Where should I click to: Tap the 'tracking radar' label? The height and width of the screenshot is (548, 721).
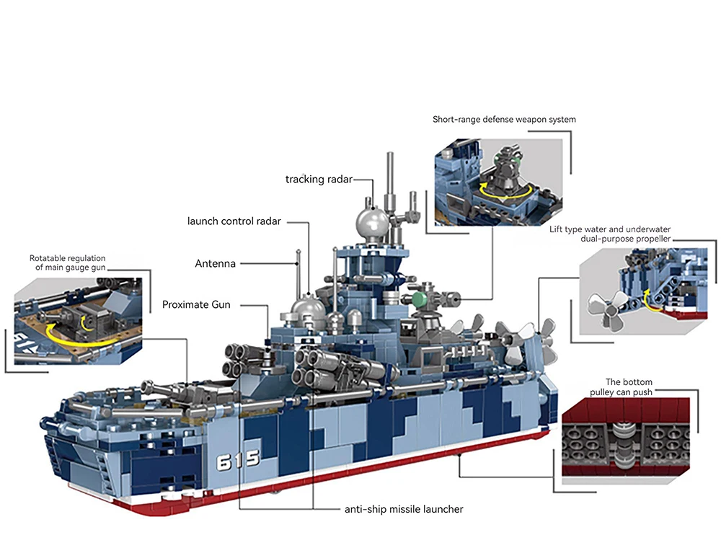(319, 179)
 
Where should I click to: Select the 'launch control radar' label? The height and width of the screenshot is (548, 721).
(234, 221)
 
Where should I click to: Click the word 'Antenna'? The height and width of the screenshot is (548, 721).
(216, 264)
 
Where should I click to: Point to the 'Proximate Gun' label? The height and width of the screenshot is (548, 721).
(196, 305)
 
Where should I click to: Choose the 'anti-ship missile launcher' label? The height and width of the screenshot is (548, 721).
(404, 509)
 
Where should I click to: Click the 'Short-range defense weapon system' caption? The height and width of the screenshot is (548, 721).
(504, 119)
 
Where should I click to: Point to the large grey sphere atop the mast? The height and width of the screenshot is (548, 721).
(373, 223)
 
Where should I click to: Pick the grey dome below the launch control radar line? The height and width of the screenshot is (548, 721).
(306, 311)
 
